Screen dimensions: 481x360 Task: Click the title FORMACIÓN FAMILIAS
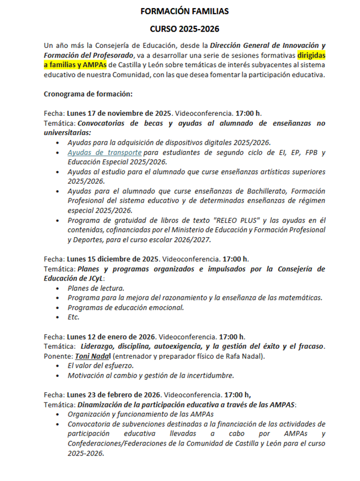click(x=185, y=10)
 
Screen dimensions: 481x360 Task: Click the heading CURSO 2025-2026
click(x=185, y=29)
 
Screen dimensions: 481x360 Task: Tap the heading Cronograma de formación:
click(x=88, y=94)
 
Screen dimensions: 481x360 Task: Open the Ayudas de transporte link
click(x=105, y=152)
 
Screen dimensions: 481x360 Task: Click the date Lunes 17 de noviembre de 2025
click(x=120, y=113)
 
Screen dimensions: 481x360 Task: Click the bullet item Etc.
click(x=73, y=317)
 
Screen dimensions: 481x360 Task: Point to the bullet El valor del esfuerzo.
click(x=101, y=366)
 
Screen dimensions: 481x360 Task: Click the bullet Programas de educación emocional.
click(x=125, y=307)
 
